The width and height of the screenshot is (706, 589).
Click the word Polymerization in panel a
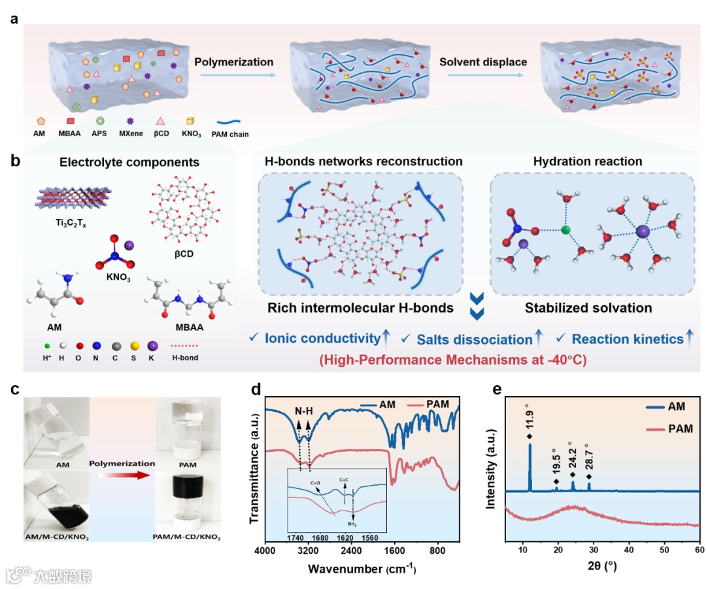[x=234, y=62]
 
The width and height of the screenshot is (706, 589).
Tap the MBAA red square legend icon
[x=70, y=121]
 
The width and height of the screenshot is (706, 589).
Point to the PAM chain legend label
[x=230, y=135]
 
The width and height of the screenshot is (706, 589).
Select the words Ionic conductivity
[x=322, y=339]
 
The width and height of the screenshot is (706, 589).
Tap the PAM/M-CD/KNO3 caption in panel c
[x=187, y=537]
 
